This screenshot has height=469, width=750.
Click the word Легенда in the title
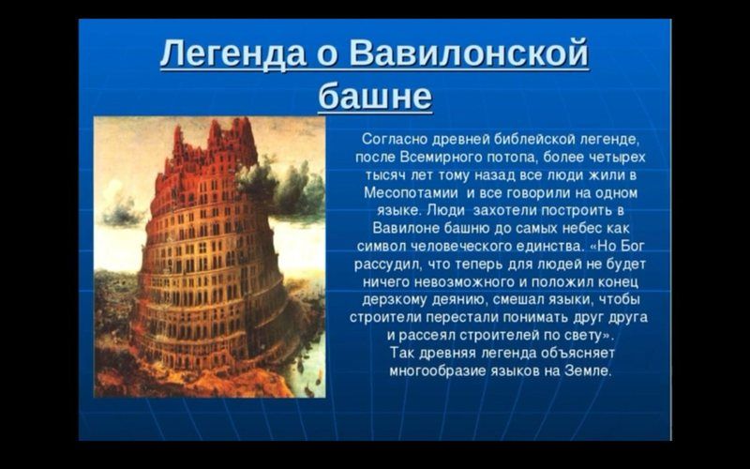click(x=232, y=53)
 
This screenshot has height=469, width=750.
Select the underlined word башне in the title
click(x=375, y=97)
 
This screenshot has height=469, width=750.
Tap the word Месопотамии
click(x=411, y=193)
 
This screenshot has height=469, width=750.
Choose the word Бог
click(x=632, y=246)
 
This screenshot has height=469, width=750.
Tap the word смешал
click(x=519, y=299)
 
